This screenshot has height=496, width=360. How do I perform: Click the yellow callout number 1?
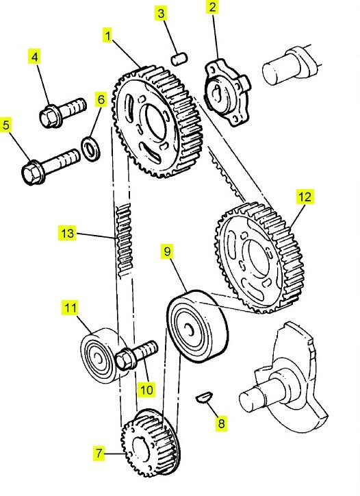108,36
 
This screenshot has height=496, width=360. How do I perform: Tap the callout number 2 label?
212,7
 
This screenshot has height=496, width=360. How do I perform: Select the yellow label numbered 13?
67,234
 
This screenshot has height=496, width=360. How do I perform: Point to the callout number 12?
305,197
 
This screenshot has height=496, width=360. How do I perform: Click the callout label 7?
99,454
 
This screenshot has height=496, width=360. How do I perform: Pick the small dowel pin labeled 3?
179,58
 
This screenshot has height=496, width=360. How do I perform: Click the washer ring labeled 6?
91,147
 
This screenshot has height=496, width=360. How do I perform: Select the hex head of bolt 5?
32,173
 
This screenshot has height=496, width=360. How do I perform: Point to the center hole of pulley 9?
190,329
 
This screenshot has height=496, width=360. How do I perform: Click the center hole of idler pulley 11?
97,358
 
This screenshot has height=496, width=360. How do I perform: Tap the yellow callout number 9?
167,251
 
